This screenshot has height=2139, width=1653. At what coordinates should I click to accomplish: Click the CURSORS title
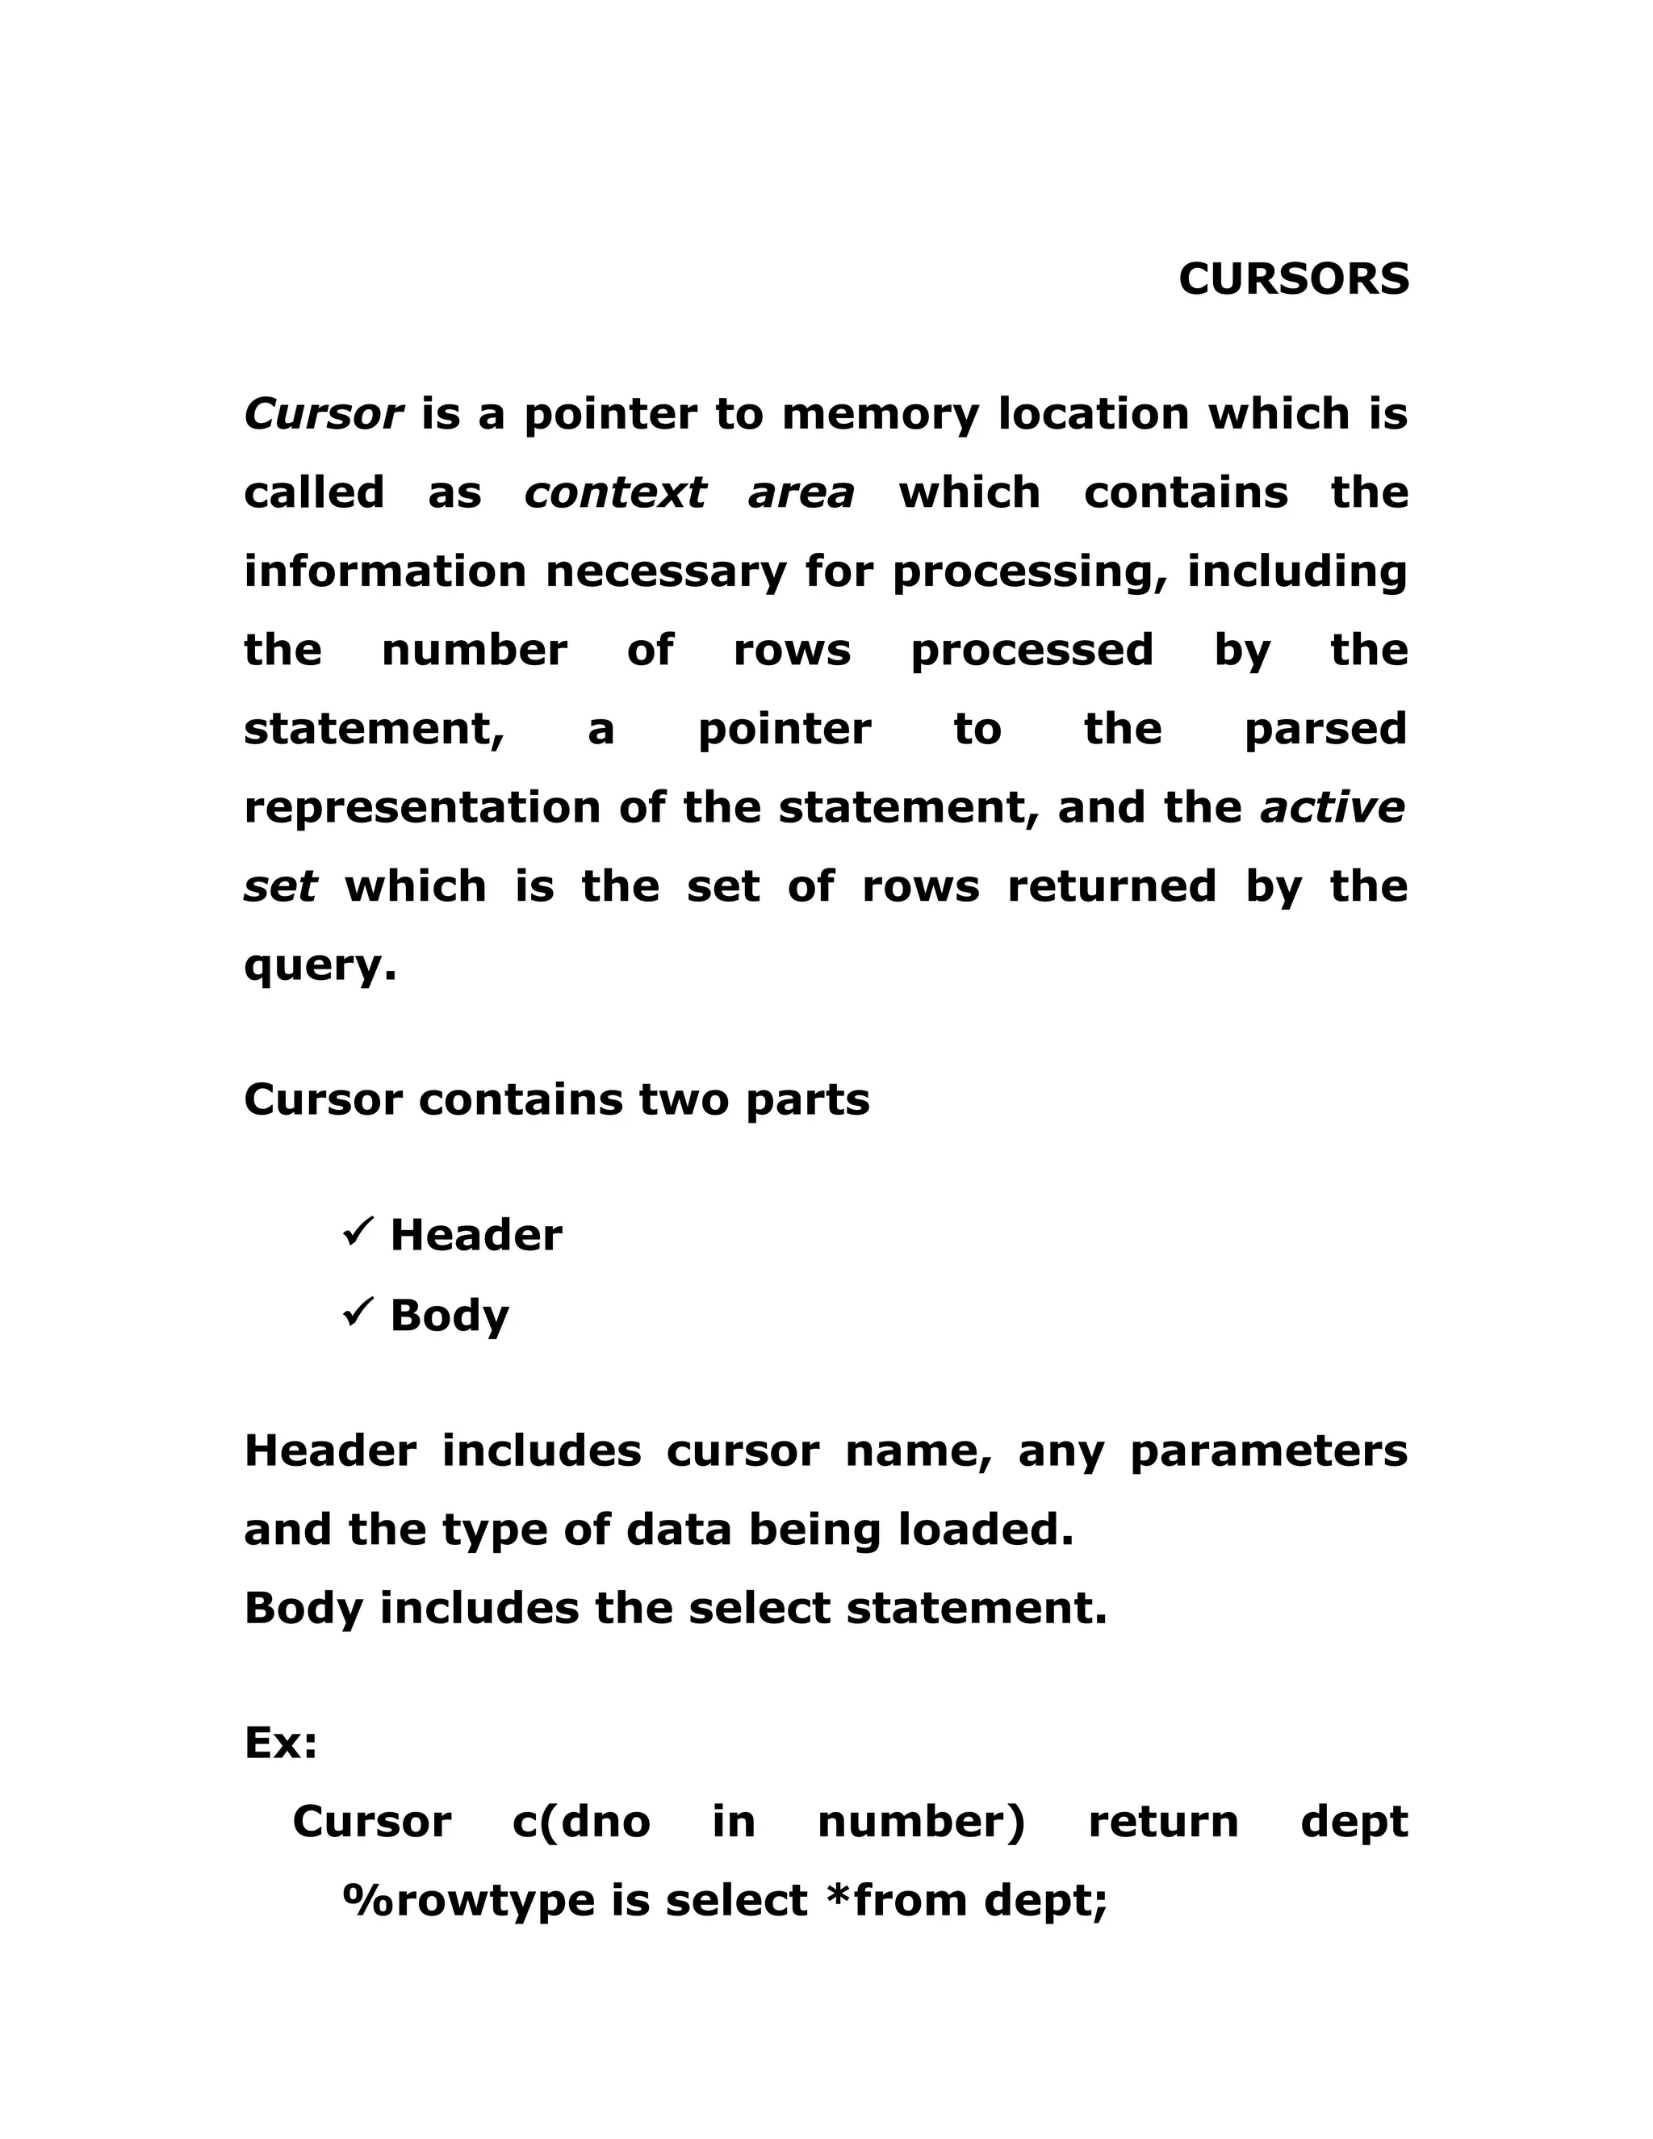pos(1293,279)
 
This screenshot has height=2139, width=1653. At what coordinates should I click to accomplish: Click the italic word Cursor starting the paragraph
pos(323,414)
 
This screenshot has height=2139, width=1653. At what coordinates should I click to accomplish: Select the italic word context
pos(615,492)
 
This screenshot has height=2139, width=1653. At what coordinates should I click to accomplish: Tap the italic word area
pos(801,492)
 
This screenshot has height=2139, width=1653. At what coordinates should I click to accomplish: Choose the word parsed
pos(1325,730)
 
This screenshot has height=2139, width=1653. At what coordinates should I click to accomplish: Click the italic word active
pos(1332,808)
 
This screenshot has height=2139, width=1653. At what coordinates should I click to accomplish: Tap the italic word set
pos(280,886)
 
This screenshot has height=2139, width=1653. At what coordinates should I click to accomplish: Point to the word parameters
pos(1268,1451)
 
